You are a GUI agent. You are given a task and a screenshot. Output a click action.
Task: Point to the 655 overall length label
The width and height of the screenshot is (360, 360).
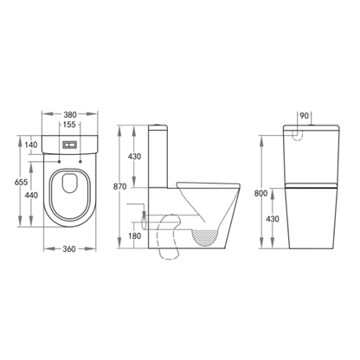pos(11,183)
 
